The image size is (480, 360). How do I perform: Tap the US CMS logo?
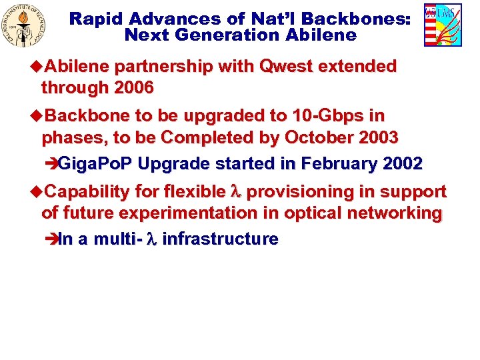pyautogui.click(x=443, y=25)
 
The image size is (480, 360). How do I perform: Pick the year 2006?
pyautogui.click(x=134, y=87)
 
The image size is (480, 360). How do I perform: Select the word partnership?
pyautogui.click(x=163, y=67)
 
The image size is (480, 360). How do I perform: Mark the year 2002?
pyautogui.click(x=402, y=163)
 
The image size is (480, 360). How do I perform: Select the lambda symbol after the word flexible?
pyautogui.click(x=234, y=192)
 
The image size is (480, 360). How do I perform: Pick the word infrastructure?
pyautogui.click(x=220, y=239)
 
